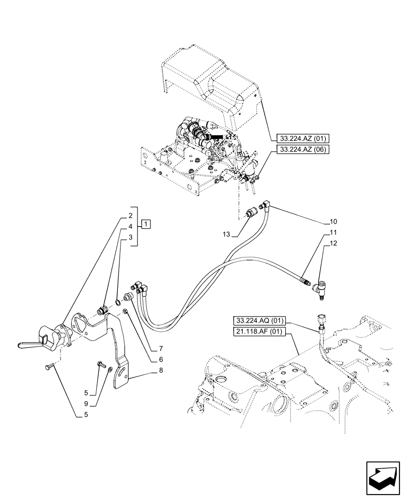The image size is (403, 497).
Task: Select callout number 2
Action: point(130,216)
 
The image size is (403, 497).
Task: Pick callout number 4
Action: point(130,227)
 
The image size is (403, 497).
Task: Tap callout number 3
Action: point(130,237)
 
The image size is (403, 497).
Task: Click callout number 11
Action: point(333,232)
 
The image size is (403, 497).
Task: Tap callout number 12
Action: point(333,244)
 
